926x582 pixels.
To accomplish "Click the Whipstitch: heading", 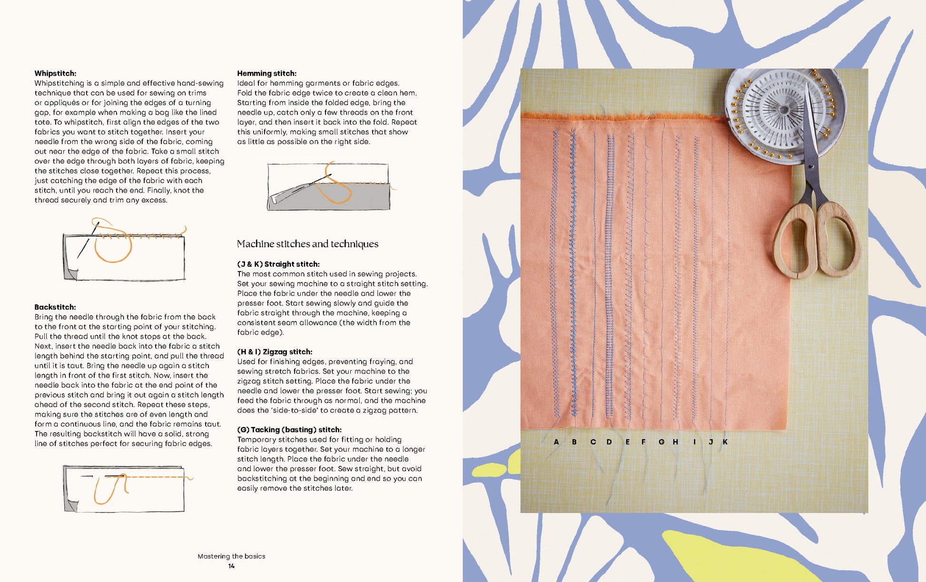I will (55, 73).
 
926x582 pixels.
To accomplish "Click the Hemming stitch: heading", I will (266, 73).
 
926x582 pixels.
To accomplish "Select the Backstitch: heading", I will (55, 307).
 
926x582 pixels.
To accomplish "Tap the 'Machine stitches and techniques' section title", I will (307, 244).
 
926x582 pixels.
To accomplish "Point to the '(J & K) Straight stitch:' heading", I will (278, 264).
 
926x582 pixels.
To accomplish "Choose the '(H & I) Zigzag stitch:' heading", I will (275, 352).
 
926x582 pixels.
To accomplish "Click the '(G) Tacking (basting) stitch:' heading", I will (289, 430).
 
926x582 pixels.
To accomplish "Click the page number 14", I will (231, 566).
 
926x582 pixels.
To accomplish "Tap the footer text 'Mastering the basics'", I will (231, 556).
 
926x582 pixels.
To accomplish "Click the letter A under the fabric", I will (556, 442).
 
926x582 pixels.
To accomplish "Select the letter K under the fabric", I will (725, 442).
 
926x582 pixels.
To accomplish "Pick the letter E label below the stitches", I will (628, 442).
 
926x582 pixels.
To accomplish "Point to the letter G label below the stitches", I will (661, 442).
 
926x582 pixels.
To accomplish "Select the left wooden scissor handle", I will (796, 242).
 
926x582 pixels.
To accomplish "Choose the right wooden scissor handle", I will (838, 238).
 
